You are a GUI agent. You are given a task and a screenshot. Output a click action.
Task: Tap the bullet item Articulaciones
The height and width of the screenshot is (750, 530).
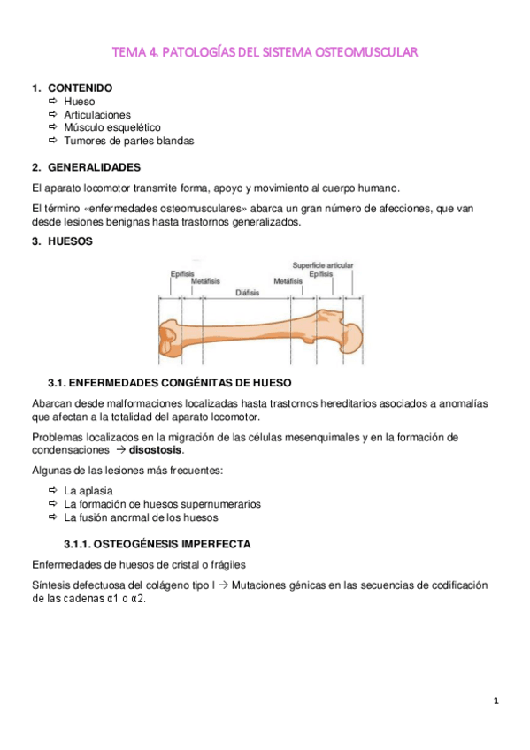(97, 114)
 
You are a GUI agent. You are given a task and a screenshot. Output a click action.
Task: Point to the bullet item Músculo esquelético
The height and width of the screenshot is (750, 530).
(112, 127)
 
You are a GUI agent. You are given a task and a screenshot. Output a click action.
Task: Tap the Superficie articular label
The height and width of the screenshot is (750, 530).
(323, 264)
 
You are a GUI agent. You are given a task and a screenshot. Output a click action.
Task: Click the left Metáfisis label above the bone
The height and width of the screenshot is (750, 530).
(205, 281)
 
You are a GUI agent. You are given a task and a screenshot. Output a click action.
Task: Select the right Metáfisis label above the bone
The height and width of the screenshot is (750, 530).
(288, 281)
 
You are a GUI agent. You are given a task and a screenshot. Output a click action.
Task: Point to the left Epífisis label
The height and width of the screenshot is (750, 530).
(182, 273)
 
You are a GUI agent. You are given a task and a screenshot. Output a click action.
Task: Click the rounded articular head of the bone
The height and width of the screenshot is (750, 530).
(349, 335)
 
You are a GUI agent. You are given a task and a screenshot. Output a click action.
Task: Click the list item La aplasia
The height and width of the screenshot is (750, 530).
(88, 490)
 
